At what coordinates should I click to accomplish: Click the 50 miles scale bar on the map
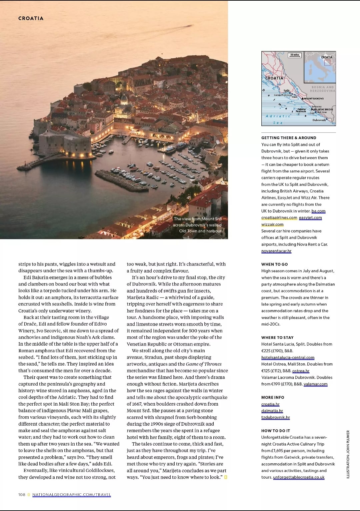pyautogui.click(x=295, y=55)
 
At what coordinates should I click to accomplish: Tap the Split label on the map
pyautogui.click(x=287, y=90)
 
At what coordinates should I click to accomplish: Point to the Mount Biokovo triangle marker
pyautogui.click(x=303, y=98)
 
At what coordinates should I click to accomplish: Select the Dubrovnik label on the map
pyautogui.click(x=319, y=120)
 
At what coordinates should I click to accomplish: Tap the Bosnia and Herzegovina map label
pyautogui.click(x=322, y=89)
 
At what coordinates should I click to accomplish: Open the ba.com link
pyautogui.click(x=318, y=211)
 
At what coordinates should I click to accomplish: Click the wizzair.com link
pyautogui.click(x=272, y=224)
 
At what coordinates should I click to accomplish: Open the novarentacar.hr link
pyautogui.click(x=276, y=251)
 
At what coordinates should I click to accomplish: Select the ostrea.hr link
pyautogui.click(x=301, y=371)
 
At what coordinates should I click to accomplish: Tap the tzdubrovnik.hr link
pyautogui.click(x=275, y=418)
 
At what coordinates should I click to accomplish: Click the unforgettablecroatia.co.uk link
pyautogui.click(x=299, y=477)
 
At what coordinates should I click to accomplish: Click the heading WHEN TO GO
pyautogui.click(x=274, y=264)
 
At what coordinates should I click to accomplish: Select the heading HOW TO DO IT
pyautogui.click(x=275, y=431)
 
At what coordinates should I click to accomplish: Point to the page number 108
pyautogui.click(x=22, y=495)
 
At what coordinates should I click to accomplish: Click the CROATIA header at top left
pyautogui.click(x=31, y=18)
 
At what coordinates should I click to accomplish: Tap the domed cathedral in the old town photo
pyautogui.click(x=124, y=99)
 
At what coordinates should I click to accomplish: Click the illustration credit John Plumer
pyautogui.click(x=348, y=454)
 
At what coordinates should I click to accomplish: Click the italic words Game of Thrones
pyautogui.click(x=204, y=364)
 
